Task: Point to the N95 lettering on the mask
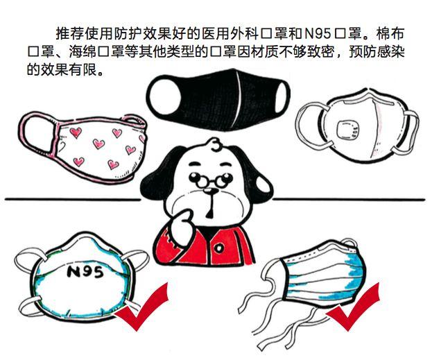85,272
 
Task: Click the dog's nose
211,191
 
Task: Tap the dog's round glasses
211,179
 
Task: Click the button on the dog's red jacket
219,248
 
